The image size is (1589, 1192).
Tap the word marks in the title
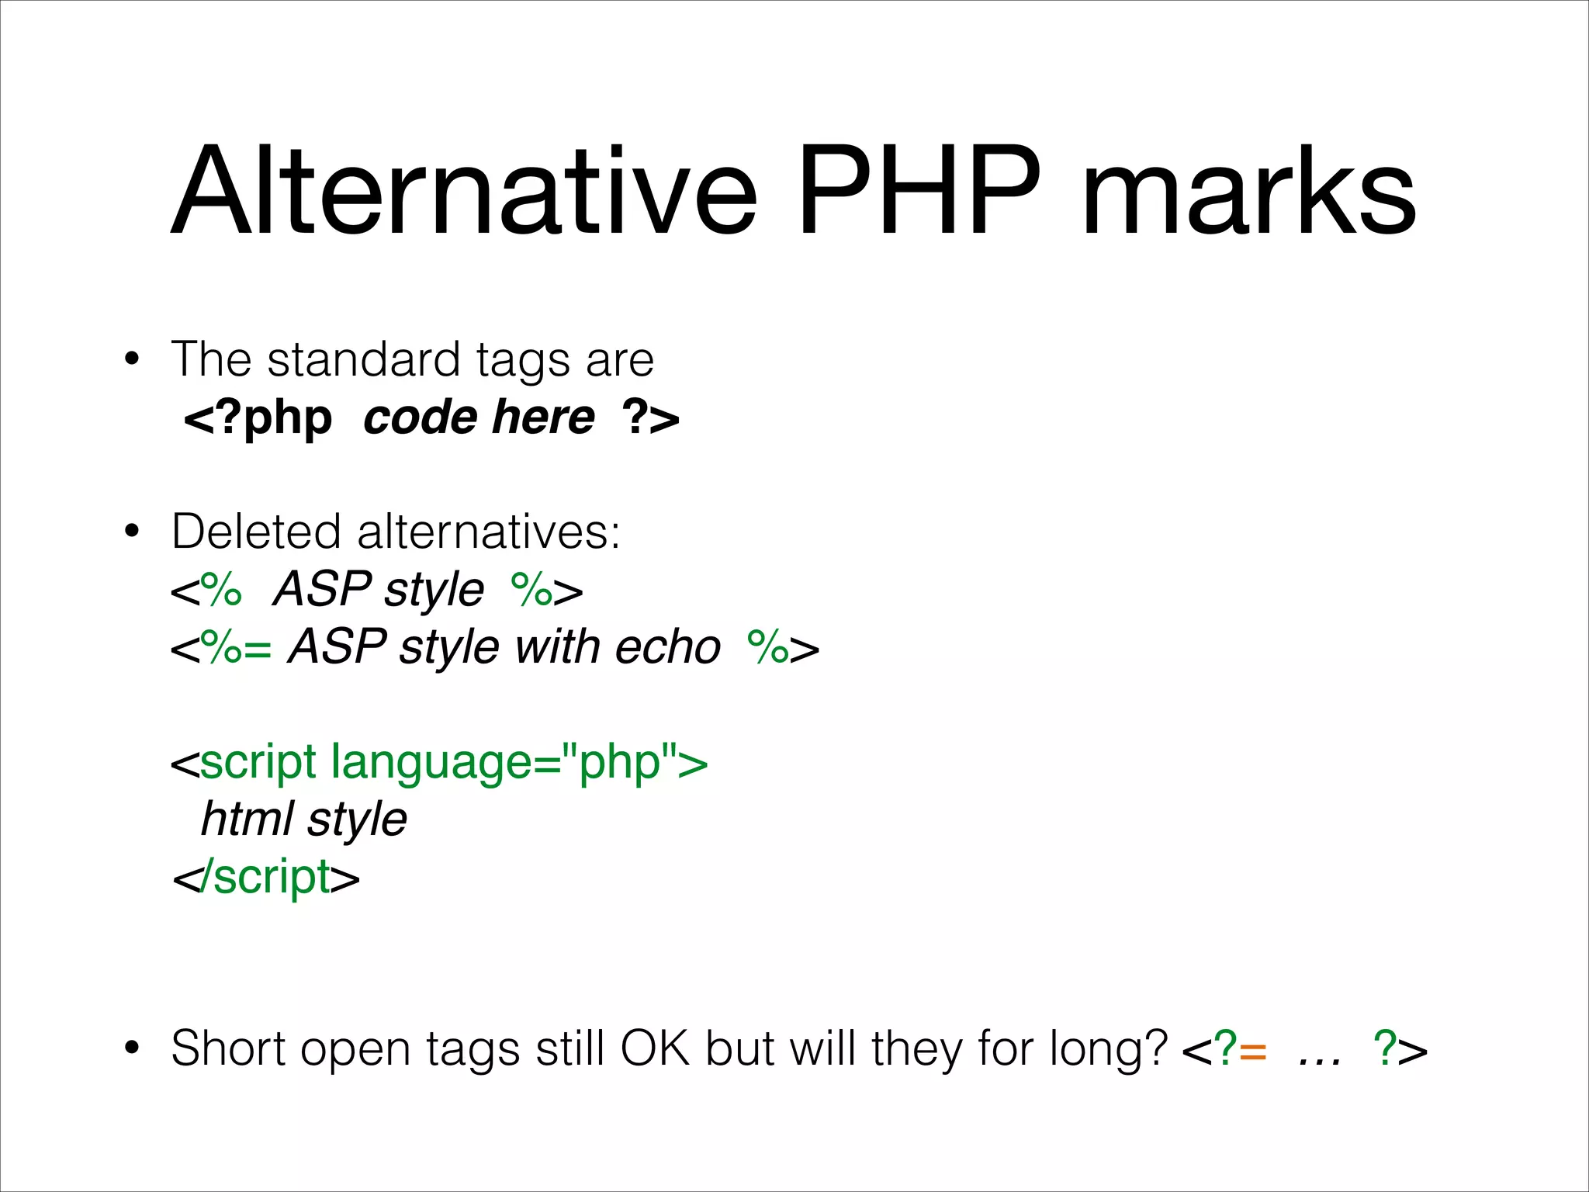pos(1248,192)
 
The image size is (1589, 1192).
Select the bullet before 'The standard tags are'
pos(132,359)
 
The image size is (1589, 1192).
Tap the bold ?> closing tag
pos(650,419)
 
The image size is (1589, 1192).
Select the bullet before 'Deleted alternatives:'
pos(132,532)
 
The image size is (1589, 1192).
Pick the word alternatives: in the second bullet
pos(488,532)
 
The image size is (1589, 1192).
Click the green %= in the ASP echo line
pos(236,647)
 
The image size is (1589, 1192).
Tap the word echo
pos(667,647)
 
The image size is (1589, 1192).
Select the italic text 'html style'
pos(303,819)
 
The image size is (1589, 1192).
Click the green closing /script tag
pos(265,877)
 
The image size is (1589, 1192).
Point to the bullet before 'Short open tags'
pos(132,1048)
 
